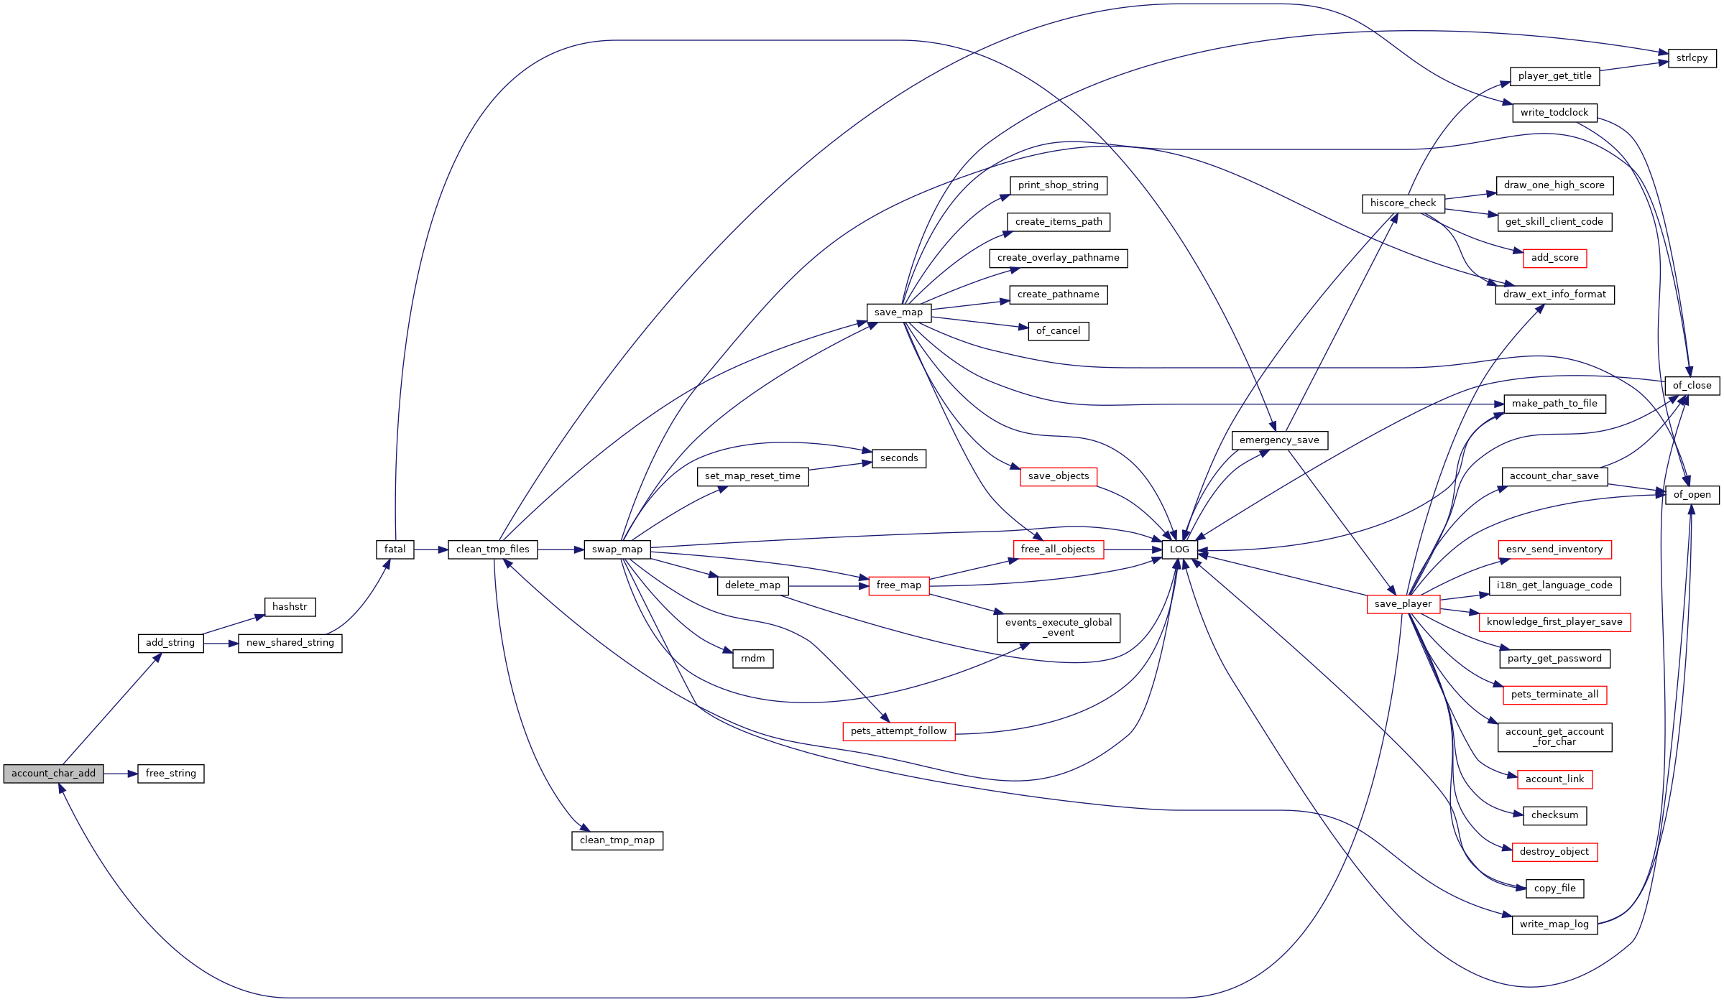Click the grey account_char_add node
pyautogui.click(x=53, y=774)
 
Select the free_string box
pyautogui.click(x=170, y=774)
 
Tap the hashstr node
pyautogui.click(x=290, y=607)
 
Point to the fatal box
pyautogui.click(x=395, y=549)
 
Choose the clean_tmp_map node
pyautogui.click(x=617, y=840)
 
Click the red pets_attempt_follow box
pyautogui.click(x=898, y=731)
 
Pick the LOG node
pyautogui.click(x=1179, y=549)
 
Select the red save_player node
pyautogui.click(x=1403, y=604)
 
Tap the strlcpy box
pyautogui.click(x=1692, y=58)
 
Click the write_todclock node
pyautogui.click(x=1554, y=113)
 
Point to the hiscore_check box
pyautogui.click(x=1403, y=203)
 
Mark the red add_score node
pyautogui.click(x=1554, y=258)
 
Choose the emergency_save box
pyautogui.click(x=1279, y=440)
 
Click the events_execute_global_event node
pyautogui.click(x=1059, y=628)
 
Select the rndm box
pyautogui.click(x=753, y=659)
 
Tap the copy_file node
pyautogui.click(x=1554, y=889)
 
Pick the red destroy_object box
pyautogui.click(x=1554, y=852)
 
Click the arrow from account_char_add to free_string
pyautogui.click(x=120, y=774)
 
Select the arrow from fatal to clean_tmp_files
pyautogui.click(x=431, y=549)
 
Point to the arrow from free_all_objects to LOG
pyautogui.click(x=1133, y=549)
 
